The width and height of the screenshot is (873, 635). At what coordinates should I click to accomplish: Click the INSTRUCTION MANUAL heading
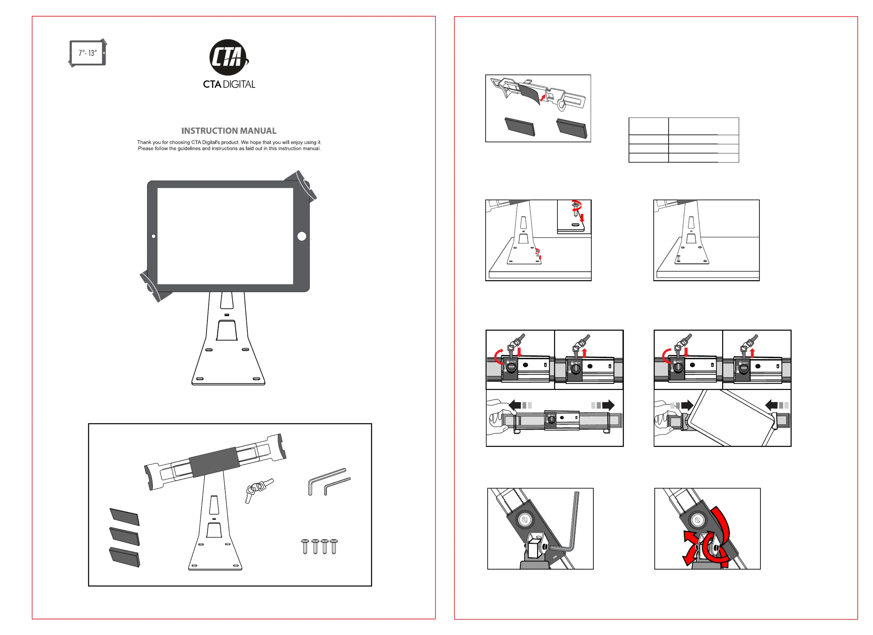[x=229, y=131]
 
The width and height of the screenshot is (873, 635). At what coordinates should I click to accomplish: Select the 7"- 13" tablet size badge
[x=88, y=53]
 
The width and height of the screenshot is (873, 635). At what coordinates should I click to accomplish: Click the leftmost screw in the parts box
[x=305, y=546]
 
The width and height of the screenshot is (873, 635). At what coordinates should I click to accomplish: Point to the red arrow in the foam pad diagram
[x=543, y=98]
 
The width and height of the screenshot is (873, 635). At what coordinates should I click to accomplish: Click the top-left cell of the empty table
[x=648, y=126]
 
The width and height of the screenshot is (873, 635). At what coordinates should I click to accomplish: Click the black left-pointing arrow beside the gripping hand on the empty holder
[x=515, y=405]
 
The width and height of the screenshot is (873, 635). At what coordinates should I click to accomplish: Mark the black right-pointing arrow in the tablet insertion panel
[x=687, y=405]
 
